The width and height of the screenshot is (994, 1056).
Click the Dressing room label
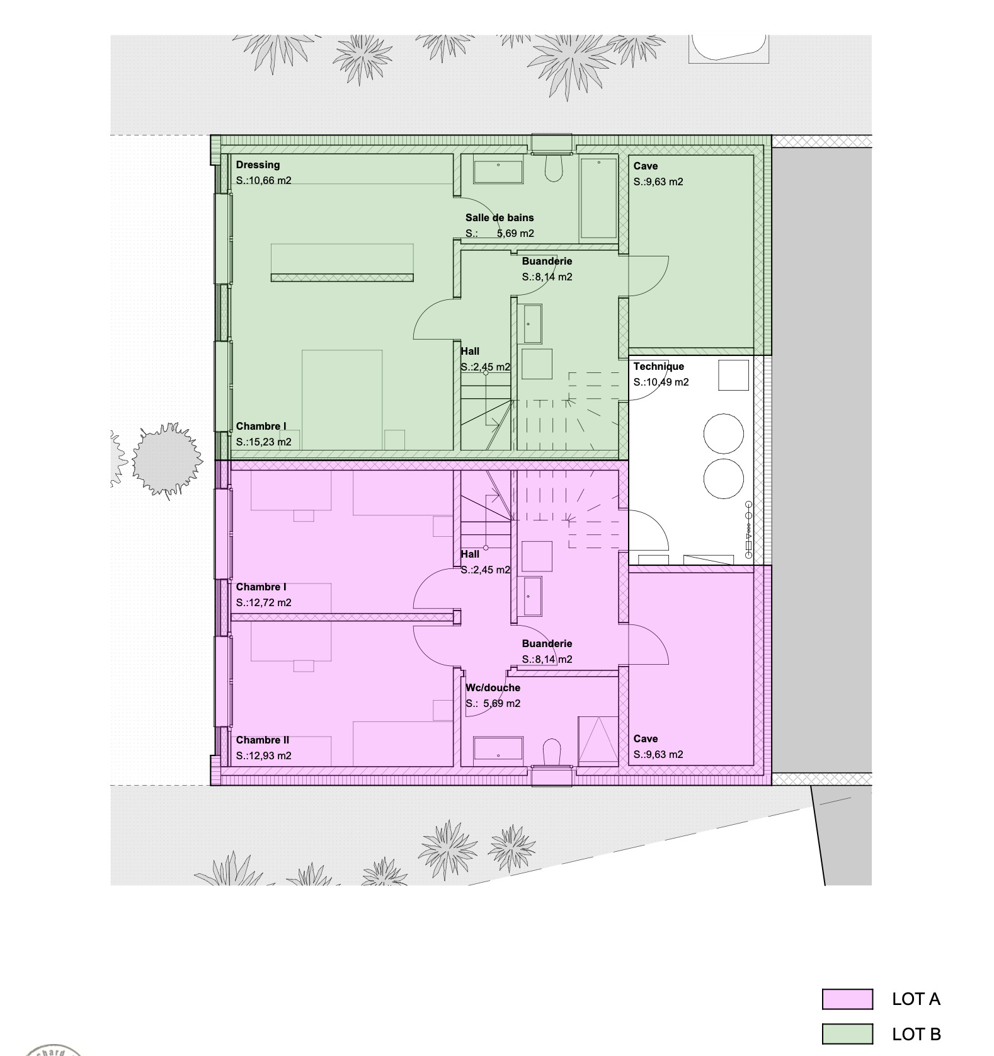(258, 165)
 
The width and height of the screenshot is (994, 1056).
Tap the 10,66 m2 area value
(263, 181)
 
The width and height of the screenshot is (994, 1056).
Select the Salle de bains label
(500, 218)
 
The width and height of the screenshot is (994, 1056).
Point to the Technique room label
(658, 367)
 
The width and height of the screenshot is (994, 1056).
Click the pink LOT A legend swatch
(847, 999)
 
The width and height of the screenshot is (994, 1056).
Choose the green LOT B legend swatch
(847, 1035)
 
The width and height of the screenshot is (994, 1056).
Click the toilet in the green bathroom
(553, 168)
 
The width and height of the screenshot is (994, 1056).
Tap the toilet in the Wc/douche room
(552, 752)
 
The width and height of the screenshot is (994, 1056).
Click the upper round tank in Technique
(723, 433)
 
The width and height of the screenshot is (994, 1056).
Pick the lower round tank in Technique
(723, 479)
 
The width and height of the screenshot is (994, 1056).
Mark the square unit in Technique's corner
(733, 375)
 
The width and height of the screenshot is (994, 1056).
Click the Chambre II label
(262, 740)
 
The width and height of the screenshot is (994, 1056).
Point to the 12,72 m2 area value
(263, 603)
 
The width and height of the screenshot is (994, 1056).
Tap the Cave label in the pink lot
(645, 739)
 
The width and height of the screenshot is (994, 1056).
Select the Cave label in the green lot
(645, 166)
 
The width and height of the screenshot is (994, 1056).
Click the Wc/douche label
(493, 688)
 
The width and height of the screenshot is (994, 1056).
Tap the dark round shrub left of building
(166, 460)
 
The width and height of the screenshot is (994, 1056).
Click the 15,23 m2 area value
(263, 442)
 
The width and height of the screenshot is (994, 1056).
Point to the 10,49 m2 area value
(661, 382)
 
